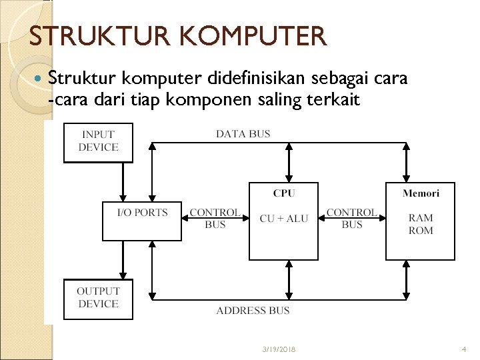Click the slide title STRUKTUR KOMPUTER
click(178, 36)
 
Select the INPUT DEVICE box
click(98, 141)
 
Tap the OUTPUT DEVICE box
click(98, 298)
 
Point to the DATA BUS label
click(243, 134)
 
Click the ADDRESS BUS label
click(253, 311)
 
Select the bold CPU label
click(284, 193)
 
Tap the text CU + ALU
click(284, 219)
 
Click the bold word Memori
click(421, 193)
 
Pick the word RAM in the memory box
click(421, 218)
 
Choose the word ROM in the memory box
click(421, 231)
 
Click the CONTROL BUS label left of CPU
click(215, 219)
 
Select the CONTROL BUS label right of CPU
click(352, 219)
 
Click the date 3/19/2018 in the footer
click(279, 349)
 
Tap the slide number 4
click(463, 349)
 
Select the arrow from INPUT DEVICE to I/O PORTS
click(123, 182)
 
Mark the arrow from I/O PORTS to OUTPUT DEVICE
click(123, 260)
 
